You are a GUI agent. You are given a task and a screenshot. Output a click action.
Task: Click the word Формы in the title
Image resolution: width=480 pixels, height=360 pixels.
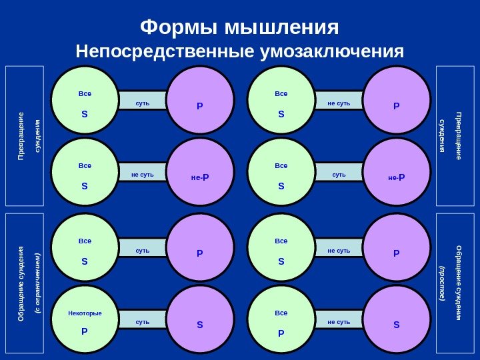pos(179,28)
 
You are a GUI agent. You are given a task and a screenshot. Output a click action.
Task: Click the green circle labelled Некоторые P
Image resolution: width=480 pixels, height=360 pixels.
pos(85,319)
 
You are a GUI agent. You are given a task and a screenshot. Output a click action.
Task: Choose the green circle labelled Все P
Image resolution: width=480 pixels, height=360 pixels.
pos(281,319)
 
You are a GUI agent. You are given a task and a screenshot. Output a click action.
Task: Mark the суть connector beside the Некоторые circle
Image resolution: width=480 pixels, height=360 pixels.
pos(143,322)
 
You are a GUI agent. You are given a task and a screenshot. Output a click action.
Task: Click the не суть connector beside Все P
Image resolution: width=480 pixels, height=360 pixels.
pos(339,322)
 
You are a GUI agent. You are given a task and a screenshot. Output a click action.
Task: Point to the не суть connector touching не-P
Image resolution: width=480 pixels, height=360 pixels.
pos(143,175)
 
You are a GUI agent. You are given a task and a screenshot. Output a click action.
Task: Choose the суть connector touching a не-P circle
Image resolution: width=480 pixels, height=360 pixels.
pos(339,175)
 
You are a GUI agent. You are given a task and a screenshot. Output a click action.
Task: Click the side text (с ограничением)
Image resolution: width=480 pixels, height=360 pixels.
pos(38,284)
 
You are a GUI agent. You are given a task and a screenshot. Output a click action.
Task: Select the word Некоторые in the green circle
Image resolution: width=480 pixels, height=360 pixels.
pos(85,313)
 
